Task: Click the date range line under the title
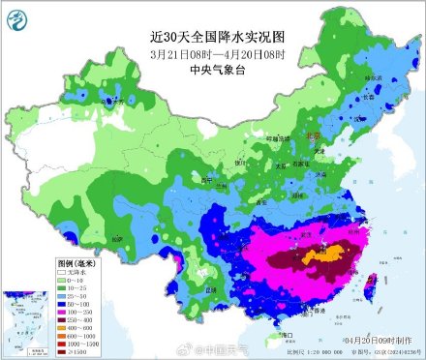coord(213,53)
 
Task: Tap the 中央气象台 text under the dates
coord(212,69)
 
